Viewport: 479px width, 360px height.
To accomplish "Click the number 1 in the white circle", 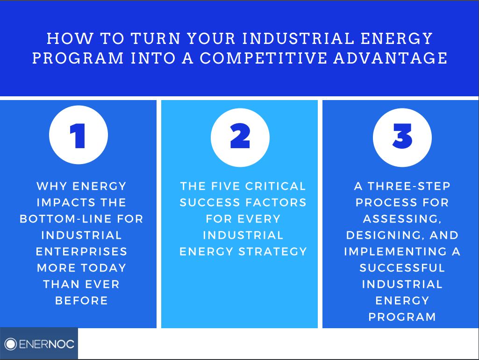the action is (x=78, y=136).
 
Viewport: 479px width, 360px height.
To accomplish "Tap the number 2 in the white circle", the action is (x=240, y=136).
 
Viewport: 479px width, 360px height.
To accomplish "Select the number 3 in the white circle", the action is (x=402, y=136).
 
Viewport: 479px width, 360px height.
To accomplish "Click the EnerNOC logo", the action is (x=39, y=344).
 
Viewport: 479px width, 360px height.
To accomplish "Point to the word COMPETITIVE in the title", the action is (x=263, y=58).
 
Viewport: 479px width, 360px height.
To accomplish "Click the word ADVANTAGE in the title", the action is (x=390, y=58).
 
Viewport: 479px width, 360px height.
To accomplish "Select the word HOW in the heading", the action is (x=70, y=38).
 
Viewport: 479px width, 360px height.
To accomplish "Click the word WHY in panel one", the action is (x=51, y=186).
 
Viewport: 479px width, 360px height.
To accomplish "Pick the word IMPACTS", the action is (x=65, y=202).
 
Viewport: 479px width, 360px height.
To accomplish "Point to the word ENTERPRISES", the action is (x=82, y=252).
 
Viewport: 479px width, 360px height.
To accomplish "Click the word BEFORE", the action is (x=82, y=301).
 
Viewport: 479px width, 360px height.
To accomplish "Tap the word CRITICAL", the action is (x=275, y=186).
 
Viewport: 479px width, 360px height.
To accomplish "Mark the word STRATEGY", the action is (x=272, y=252).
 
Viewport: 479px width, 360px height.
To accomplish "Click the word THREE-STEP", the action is (x=409, y=186).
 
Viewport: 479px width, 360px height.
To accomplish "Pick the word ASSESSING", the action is (x=402, y=219).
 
